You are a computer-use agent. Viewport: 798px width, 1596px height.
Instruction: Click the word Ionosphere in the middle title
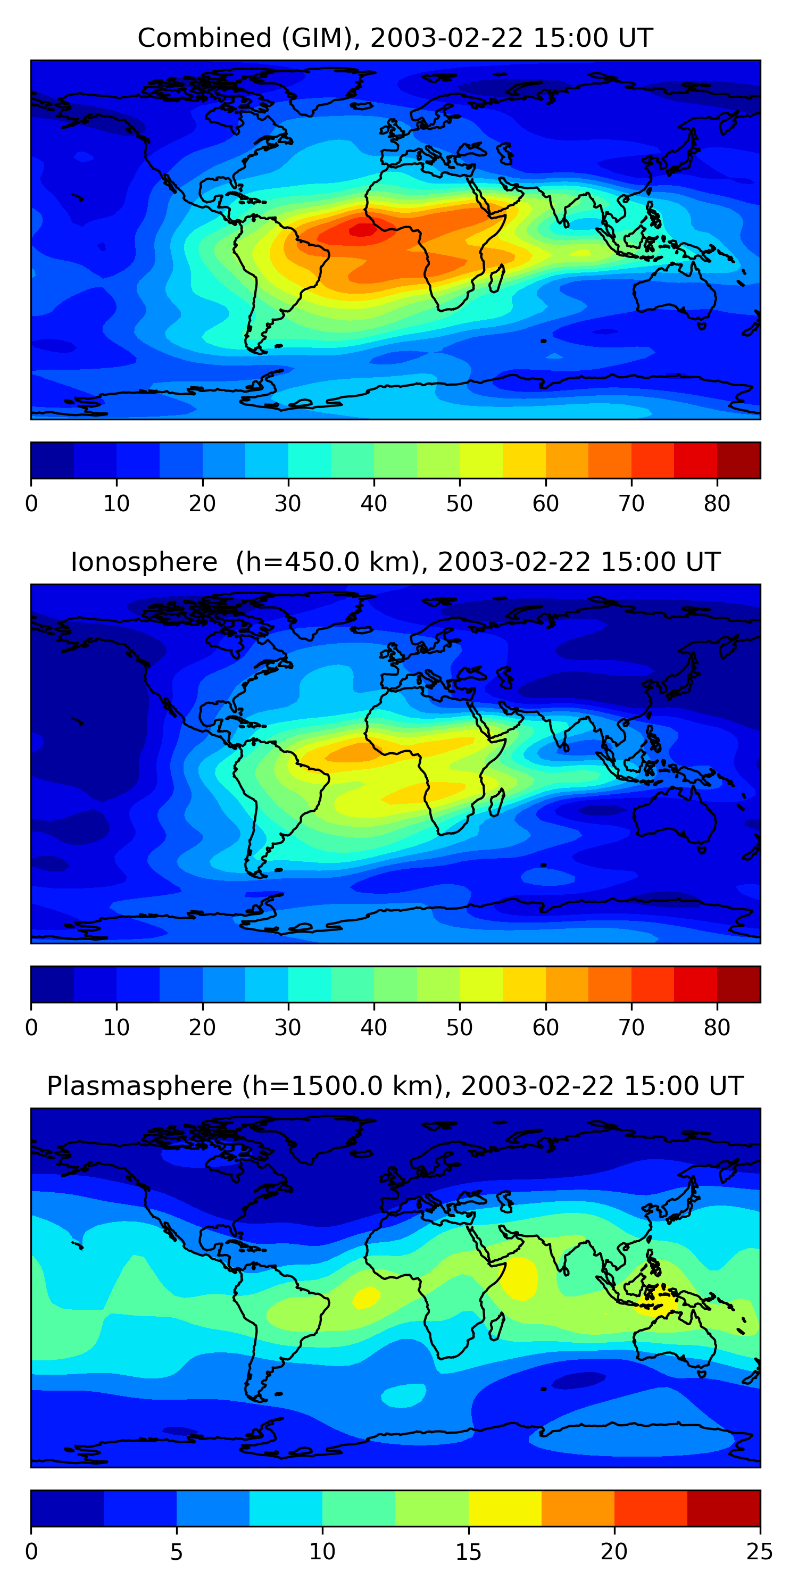pos(144,562)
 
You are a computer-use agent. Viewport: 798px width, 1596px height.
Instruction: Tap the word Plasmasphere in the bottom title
pos(139,1086)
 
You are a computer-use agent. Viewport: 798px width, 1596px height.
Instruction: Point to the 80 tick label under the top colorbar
pos(717,504)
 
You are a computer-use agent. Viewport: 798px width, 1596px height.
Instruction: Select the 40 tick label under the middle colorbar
pos(373,1028)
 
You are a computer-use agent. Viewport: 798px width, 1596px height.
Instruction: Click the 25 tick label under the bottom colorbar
pos(760,1552)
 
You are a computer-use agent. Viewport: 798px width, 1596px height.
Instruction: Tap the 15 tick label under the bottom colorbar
pos(468,1552)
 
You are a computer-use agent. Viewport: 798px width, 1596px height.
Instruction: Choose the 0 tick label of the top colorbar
pos(31,504)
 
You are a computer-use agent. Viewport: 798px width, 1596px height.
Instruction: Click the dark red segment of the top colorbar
pos(738,460)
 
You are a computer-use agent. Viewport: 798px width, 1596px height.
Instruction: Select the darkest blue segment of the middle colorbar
pos(53,985)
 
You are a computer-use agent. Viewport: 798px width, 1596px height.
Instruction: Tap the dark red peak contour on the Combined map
pos(363,230)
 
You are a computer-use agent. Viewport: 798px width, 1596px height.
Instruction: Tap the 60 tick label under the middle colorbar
pos(545,1028)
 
